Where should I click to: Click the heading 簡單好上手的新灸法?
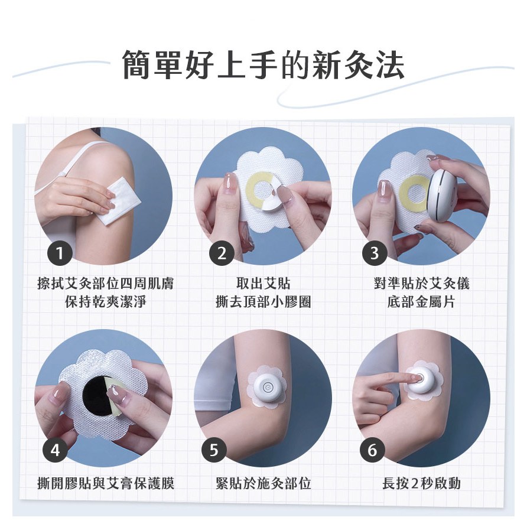pos(263,65)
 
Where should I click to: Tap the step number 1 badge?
pos(60,253)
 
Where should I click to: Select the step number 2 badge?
pos(222,253)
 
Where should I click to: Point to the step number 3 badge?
pos(375,253)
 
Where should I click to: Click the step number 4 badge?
pos(56,450)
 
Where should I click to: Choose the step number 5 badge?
pos(214,450)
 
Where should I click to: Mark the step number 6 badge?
pos(372,450)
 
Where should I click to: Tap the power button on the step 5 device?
pos(268,387)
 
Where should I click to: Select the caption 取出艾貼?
pos(263,284)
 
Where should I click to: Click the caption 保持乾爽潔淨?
pos(106,302)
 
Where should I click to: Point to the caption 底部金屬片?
pos(421,302)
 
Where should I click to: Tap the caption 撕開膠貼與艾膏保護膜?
pos(106,484)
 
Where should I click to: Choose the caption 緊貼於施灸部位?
pos(263,484)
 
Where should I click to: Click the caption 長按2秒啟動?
pos(421,484)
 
